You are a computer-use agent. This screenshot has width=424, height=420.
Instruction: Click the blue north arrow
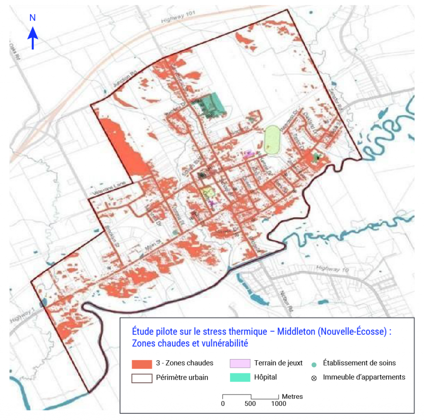(x=33, y=38)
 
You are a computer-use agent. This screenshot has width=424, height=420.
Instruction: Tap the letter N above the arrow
(x=33, y=18)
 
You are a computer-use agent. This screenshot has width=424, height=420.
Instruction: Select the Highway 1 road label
(x=21, y=316)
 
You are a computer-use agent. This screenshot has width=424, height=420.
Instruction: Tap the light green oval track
(x=272, y=140)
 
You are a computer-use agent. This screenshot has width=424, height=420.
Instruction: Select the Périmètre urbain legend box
(x=142, y=378)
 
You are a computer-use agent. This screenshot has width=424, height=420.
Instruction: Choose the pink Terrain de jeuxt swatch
(x=240, y=363)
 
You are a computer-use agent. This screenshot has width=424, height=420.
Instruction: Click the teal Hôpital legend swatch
(x=240, y=378)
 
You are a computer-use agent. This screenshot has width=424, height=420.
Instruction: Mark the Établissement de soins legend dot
(x=314, y=364)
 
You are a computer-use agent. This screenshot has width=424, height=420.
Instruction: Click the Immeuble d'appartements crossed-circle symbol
(x=314, y=378)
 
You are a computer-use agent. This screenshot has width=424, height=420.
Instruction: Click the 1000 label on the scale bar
(x=278, y=403)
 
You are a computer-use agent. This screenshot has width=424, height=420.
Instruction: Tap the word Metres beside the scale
(x=292, y=396)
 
